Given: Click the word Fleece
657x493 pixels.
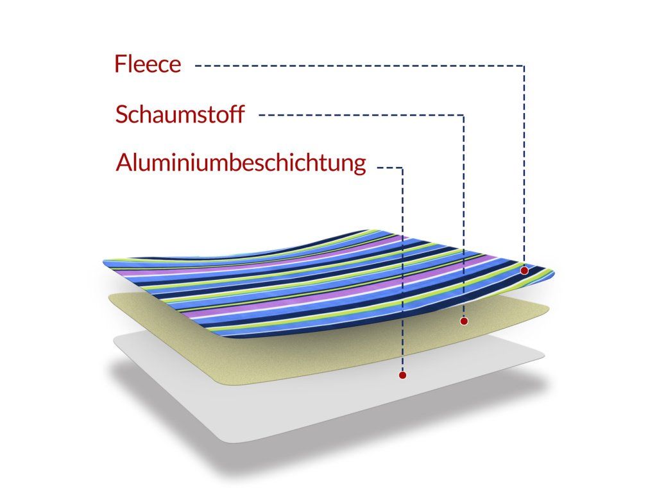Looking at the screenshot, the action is tap(148, 64).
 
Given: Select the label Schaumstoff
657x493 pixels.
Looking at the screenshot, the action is tap(180, 115).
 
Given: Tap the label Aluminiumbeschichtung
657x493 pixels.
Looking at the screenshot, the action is tap(241, 163).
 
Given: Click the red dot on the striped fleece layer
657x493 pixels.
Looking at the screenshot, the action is tap(524, 271).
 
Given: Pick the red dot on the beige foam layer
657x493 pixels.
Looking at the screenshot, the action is tap(464, 320).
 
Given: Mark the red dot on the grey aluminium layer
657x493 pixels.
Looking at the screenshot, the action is tap(402, 375).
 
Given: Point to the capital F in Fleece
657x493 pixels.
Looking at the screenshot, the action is tap(120, 64).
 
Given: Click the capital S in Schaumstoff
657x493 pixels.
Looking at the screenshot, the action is tap(121, 115).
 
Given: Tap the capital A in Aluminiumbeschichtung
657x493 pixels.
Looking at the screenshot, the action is tap(124, 163).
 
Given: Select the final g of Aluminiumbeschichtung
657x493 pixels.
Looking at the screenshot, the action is tap(359, 166).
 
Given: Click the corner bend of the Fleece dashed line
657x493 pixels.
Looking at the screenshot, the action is tap(524, 65).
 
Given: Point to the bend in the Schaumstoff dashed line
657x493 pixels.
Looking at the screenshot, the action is tap(464, 116).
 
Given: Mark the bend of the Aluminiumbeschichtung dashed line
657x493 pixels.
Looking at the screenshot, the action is tap(402, 168).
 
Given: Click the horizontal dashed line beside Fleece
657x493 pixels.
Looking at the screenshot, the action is tap(359, 65).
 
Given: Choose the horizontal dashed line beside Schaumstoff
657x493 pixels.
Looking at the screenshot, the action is tap(359, 116).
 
